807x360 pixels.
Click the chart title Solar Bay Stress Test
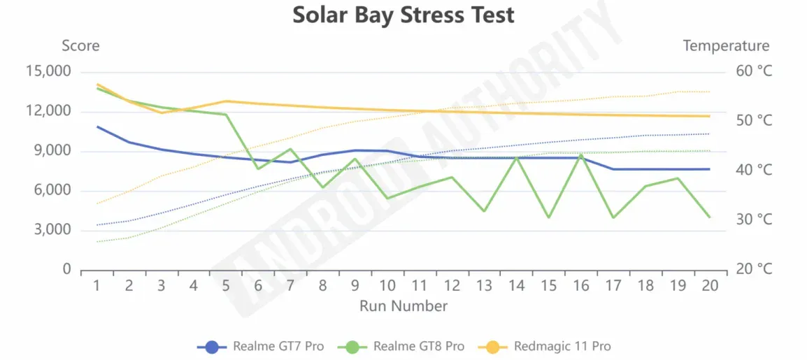click(403, 15)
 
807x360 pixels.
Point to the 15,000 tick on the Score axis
click(48, 71)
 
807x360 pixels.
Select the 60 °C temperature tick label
click(754, 71)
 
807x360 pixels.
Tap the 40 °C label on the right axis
click(754, 171)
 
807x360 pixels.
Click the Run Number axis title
click(403, 306)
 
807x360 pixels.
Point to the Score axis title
click(80, 46)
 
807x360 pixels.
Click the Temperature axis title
click(726, 46)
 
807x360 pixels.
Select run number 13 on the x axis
click(484, 285)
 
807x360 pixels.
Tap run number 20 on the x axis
click(710, 285)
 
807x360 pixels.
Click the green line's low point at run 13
click(484, 211)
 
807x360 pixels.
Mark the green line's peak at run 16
click(580, 155)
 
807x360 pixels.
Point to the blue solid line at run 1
click(97, 127)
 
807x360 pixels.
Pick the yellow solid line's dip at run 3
click(162, 113)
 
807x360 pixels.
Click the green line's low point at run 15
click(548, 217)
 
